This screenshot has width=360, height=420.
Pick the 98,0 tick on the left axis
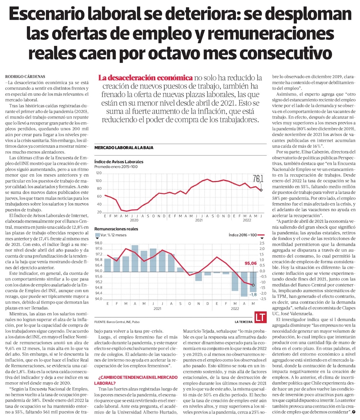98,243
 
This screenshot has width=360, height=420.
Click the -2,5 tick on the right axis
263,299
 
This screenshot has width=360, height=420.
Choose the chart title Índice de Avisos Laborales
118,162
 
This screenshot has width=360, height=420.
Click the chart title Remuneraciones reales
116,229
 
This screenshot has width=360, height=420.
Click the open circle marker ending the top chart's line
261,190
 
